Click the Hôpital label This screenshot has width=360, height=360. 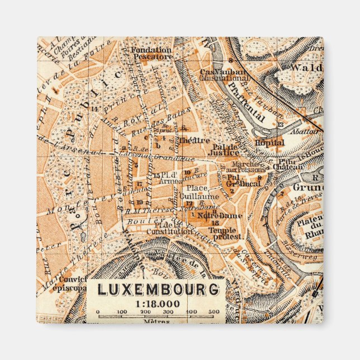pos(269,143)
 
